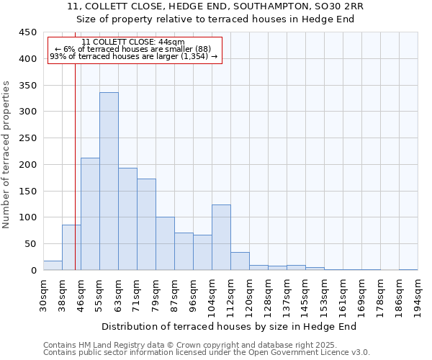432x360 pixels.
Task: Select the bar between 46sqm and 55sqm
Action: click(x=90, y=214)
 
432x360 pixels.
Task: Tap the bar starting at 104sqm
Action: click(x=221, y=238)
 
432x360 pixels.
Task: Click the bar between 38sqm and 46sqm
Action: click(x=71, y=248)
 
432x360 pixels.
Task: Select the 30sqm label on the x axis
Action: click(x=44, y=293)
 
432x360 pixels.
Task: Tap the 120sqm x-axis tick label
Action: click(x=250, y=294)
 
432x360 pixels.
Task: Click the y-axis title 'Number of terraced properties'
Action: click(x=6, y=154)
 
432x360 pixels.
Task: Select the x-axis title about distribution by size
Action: click(x=230, y=326)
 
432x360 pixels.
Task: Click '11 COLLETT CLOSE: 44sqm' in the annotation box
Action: click(x=133, y=42)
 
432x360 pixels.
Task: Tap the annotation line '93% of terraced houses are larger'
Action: click(x=133, y=56)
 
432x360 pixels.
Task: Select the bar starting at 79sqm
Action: click(x=165, y=243)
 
